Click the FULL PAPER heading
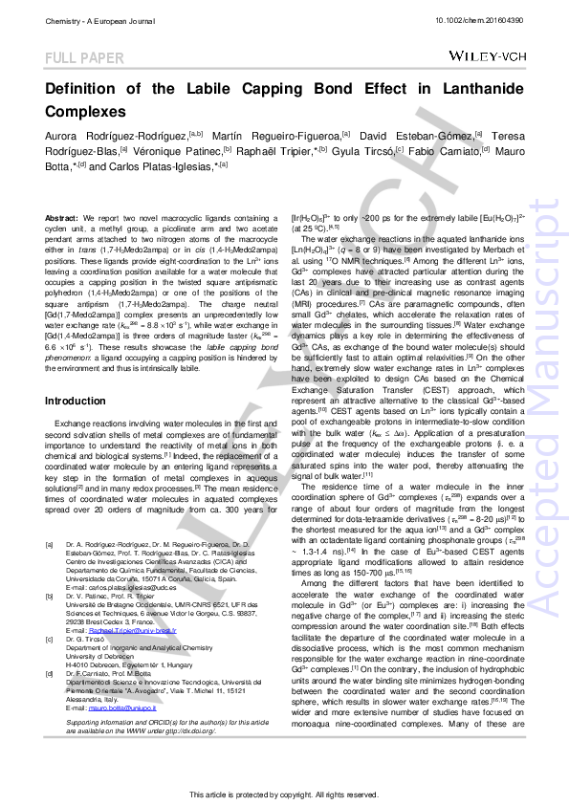point(85,59)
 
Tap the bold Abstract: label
point(62,219)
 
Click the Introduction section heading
point(76,401)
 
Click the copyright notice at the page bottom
point(284,794)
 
